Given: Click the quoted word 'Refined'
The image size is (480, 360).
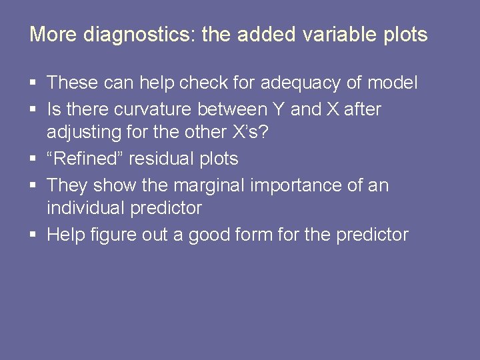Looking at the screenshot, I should pyautogui.click(x=85, y=159).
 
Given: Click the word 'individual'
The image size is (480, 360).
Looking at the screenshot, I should pyautogui.click(x=86, y=209).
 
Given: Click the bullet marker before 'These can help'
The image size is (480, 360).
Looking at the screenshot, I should pyautogui.click(x=34, y=84).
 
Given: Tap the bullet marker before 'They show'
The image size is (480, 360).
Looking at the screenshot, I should pyautogui.click(x=34, y=185).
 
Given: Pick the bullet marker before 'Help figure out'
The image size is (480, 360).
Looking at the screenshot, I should pyautogui.click(x=34, y=235).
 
